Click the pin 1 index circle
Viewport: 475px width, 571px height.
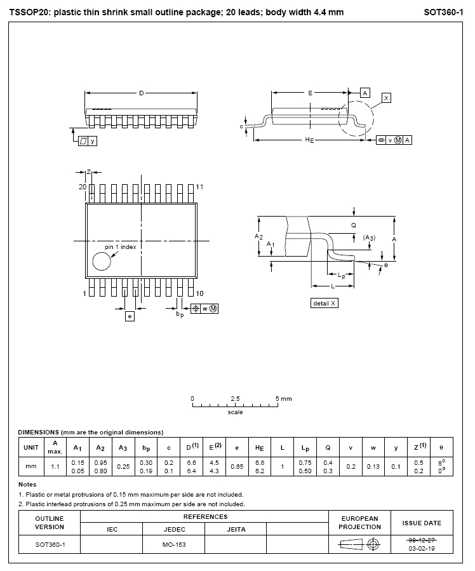[x=102, y=261]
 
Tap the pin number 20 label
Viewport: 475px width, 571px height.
[x=82, y=187]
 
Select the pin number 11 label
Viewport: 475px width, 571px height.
[x=200, y=187]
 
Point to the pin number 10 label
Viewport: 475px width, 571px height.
[x=200, y=293]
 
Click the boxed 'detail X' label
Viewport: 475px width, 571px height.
[x=324, y=304]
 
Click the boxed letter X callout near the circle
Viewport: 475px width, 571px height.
[x=386, y=98]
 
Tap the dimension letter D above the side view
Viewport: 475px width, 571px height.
[x=141, y=93]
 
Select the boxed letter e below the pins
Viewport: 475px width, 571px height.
[x=130, y=316]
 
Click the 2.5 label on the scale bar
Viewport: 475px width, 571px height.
[x=235, y=399]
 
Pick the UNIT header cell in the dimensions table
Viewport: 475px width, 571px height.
[x=31, y=448]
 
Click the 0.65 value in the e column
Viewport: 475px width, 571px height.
[x=237, y=466]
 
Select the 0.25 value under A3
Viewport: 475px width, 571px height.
[x=123, y=466]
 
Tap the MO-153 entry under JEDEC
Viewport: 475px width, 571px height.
[x=173, y=545]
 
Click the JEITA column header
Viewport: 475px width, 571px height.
[x=235, y=528]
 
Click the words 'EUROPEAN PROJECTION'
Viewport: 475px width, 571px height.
[x=359, y=523]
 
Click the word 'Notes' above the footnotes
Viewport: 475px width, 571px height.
[x=27, y=484]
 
